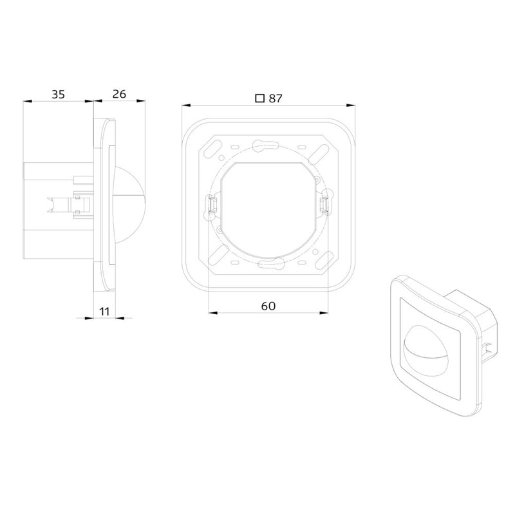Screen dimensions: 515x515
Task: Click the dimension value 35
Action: point(58,95)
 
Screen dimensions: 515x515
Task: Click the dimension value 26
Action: point(119,94)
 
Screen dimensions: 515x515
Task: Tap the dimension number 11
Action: point(104,311)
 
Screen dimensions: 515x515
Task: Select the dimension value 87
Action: point(276,98)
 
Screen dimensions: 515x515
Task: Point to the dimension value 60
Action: point(268,306)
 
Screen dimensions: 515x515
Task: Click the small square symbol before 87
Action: point(260,98)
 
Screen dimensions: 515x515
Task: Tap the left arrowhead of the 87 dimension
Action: point(186,106)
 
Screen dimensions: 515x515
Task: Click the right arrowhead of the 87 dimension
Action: point(351,106)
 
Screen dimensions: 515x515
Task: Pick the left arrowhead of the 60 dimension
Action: point(213,313)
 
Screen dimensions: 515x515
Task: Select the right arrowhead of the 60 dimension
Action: point(324,313)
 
